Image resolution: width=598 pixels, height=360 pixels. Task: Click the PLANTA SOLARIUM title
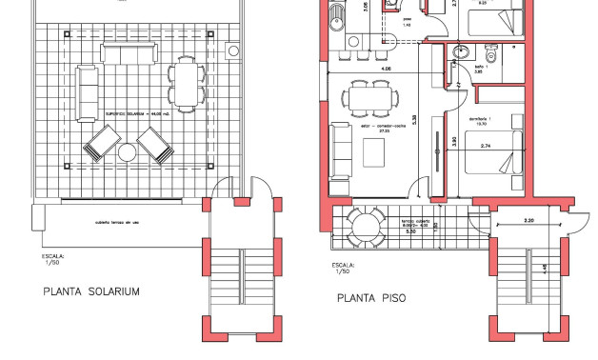91,291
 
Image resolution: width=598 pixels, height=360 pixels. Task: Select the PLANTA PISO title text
371,298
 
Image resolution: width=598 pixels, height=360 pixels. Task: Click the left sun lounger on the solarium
99,148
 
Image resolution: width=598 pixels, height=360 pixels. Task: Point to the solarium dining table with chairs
185,84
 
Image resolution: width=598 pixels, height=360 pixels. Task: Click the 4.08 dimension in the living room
384,69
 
